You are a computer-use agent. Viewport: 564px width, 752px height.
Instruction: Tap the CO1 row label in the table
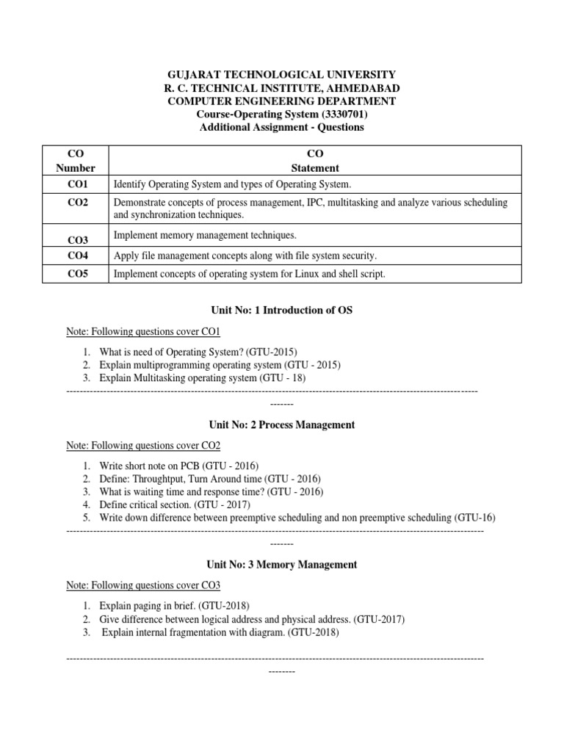(x=76, y=184)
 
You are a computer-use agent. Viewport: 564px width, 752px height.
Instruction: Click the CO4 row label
(x=76, y=256)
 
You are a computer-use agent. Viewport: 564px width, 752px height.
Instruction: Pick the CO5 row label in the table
(x=76, y=274)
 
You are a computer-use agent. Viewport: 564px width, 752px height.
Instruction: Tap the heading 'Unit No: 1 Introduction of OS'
(x=282, y=311)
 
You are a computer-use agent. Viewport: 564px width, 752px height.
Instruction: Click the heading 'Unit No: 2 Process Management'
(x=282, y=425)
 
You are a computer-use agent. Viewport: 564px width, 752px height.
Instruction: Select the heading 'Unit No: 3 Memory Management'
(x=282, y=565)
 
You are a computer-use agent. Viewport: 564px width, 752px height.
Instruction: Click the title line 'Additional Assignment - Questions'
(x=282, y=128)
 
